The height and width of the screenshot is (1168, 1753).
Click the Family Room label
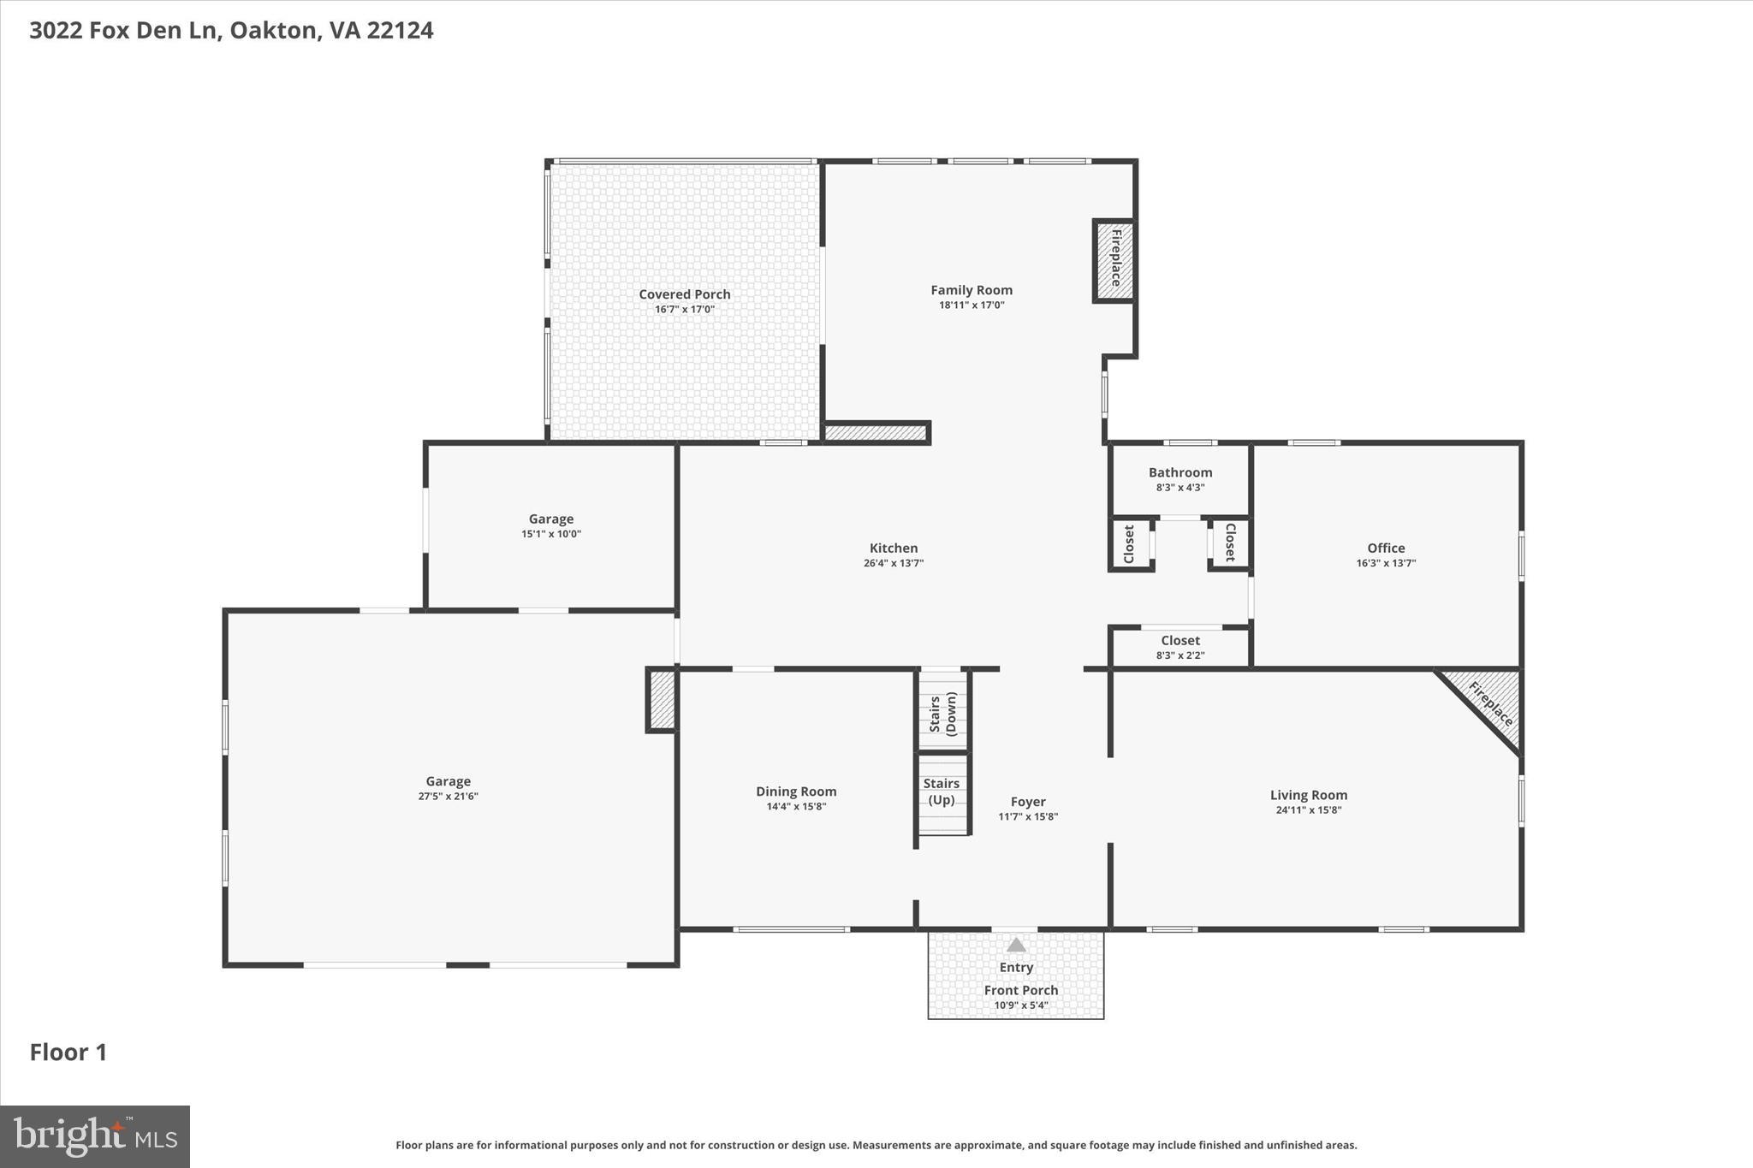[972, 290]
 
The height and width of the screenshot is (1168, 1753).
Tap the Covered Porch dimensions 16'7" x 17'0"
[684, 309]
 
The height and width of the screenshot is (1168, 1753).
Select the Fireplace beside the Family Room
[1114, 260]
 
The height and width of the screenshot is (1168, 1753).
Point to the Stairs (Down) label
[942, 714]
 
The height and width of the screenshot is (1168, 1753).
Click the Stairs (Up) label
[941, 792]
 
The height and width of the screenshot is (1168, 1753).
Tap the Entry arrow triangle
[1016, 946]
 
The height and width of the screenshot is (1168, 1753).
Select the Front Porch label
[1020, 990]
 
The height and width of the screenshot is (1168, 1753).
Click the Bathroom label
[1180, 472]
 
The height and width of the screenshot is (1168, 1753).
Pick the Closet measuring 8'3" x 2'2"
[1180, 647]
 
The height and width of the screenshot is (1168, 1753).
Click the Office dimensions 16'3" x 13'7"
[1385, 563]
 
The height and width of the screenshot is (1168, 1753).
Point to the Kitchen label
[893, 548]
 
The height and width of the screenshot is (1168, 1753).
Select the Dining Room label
[795, 792]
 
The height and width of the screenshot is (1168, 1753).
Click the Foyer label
[1027, 802]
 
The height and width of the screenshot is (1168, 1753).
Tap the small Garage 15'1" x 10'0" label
[550, 519]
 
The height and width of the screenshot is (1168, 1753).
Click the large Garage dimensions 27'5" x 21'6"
[448, 797]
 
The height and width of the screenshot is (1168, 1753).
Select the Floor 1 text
[68, 1052]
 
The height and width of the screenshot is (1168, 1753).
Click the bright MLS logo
[95, 1136]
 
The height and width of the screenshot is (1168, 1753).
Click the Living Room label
[1308, 795]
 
